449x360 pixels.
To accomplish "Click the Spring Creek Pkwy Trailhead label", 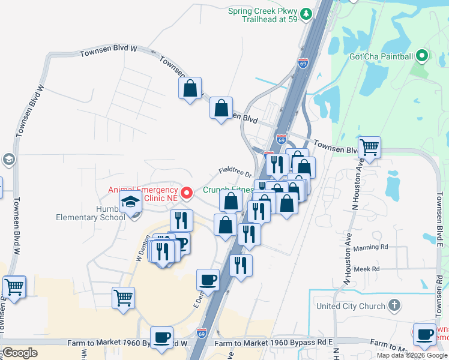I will click(263, 15).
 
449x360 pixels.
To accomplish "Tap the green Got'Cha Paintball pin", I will click(421, 56).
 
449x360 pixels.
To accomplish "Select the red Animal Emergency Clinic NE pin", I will click(187, 193).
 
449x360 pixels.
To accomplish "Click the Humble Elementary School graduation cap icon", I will click(129, 203).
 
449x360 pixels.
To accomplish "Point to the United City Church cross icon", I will click(394, 306).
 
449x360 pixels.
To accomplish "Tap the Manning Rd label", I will click(371, 247).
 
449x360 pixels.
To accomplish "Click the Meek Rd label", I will click(367, 269).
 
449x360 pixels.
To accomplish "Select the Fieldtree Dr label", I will click(235, 172).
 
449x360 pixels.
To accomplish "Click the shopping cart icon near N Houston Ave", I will click(369, 146).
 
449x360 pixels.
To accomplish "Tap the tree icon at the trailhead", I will click(306, 13).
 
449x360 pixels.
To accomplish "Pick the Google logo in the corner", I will click(20, 353).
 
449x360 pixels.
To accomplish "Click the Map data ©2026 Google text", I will click(412, 355).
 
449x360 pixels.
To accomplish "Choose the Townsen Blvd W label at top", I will click(109, 53).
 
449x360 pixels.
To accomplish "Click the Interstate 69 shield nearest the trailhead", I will click(303, 62).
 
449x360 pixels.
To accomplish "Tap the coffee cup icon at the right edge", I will click(425, 335).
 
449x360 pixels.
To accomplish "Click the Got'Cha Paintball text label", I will click(381, 57).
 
